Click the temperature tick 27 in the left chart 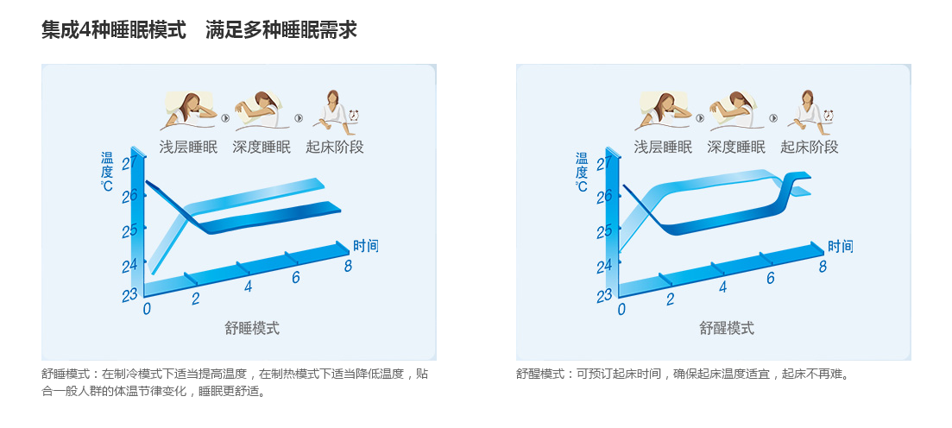point(129,163)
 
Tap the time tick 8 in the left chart point(348,266)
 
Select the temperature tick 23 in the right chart point(604,296)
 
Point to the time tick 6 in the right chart point(771,278)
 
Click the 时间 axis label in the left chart point(365,246)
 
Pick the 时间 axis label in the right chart point(841,247)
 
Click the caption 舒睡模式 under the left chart point(252,329)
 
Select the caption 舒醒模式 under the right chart point(727,329)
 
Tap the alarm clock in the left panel point(353,115)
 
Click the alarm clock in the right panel point(828,115)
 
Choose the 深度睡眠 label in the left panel point(262,147)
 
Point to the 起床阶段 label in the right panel point(810,147)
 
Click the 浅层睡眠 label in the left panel point(188,147)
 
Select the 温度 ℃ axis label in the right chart point(582,172)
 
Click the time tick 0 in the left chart point(147,309)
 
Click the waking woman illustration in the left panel point(331,112)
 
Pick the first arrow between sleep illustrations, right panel point(700,117)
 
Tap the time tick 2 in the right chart point(671,299)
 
